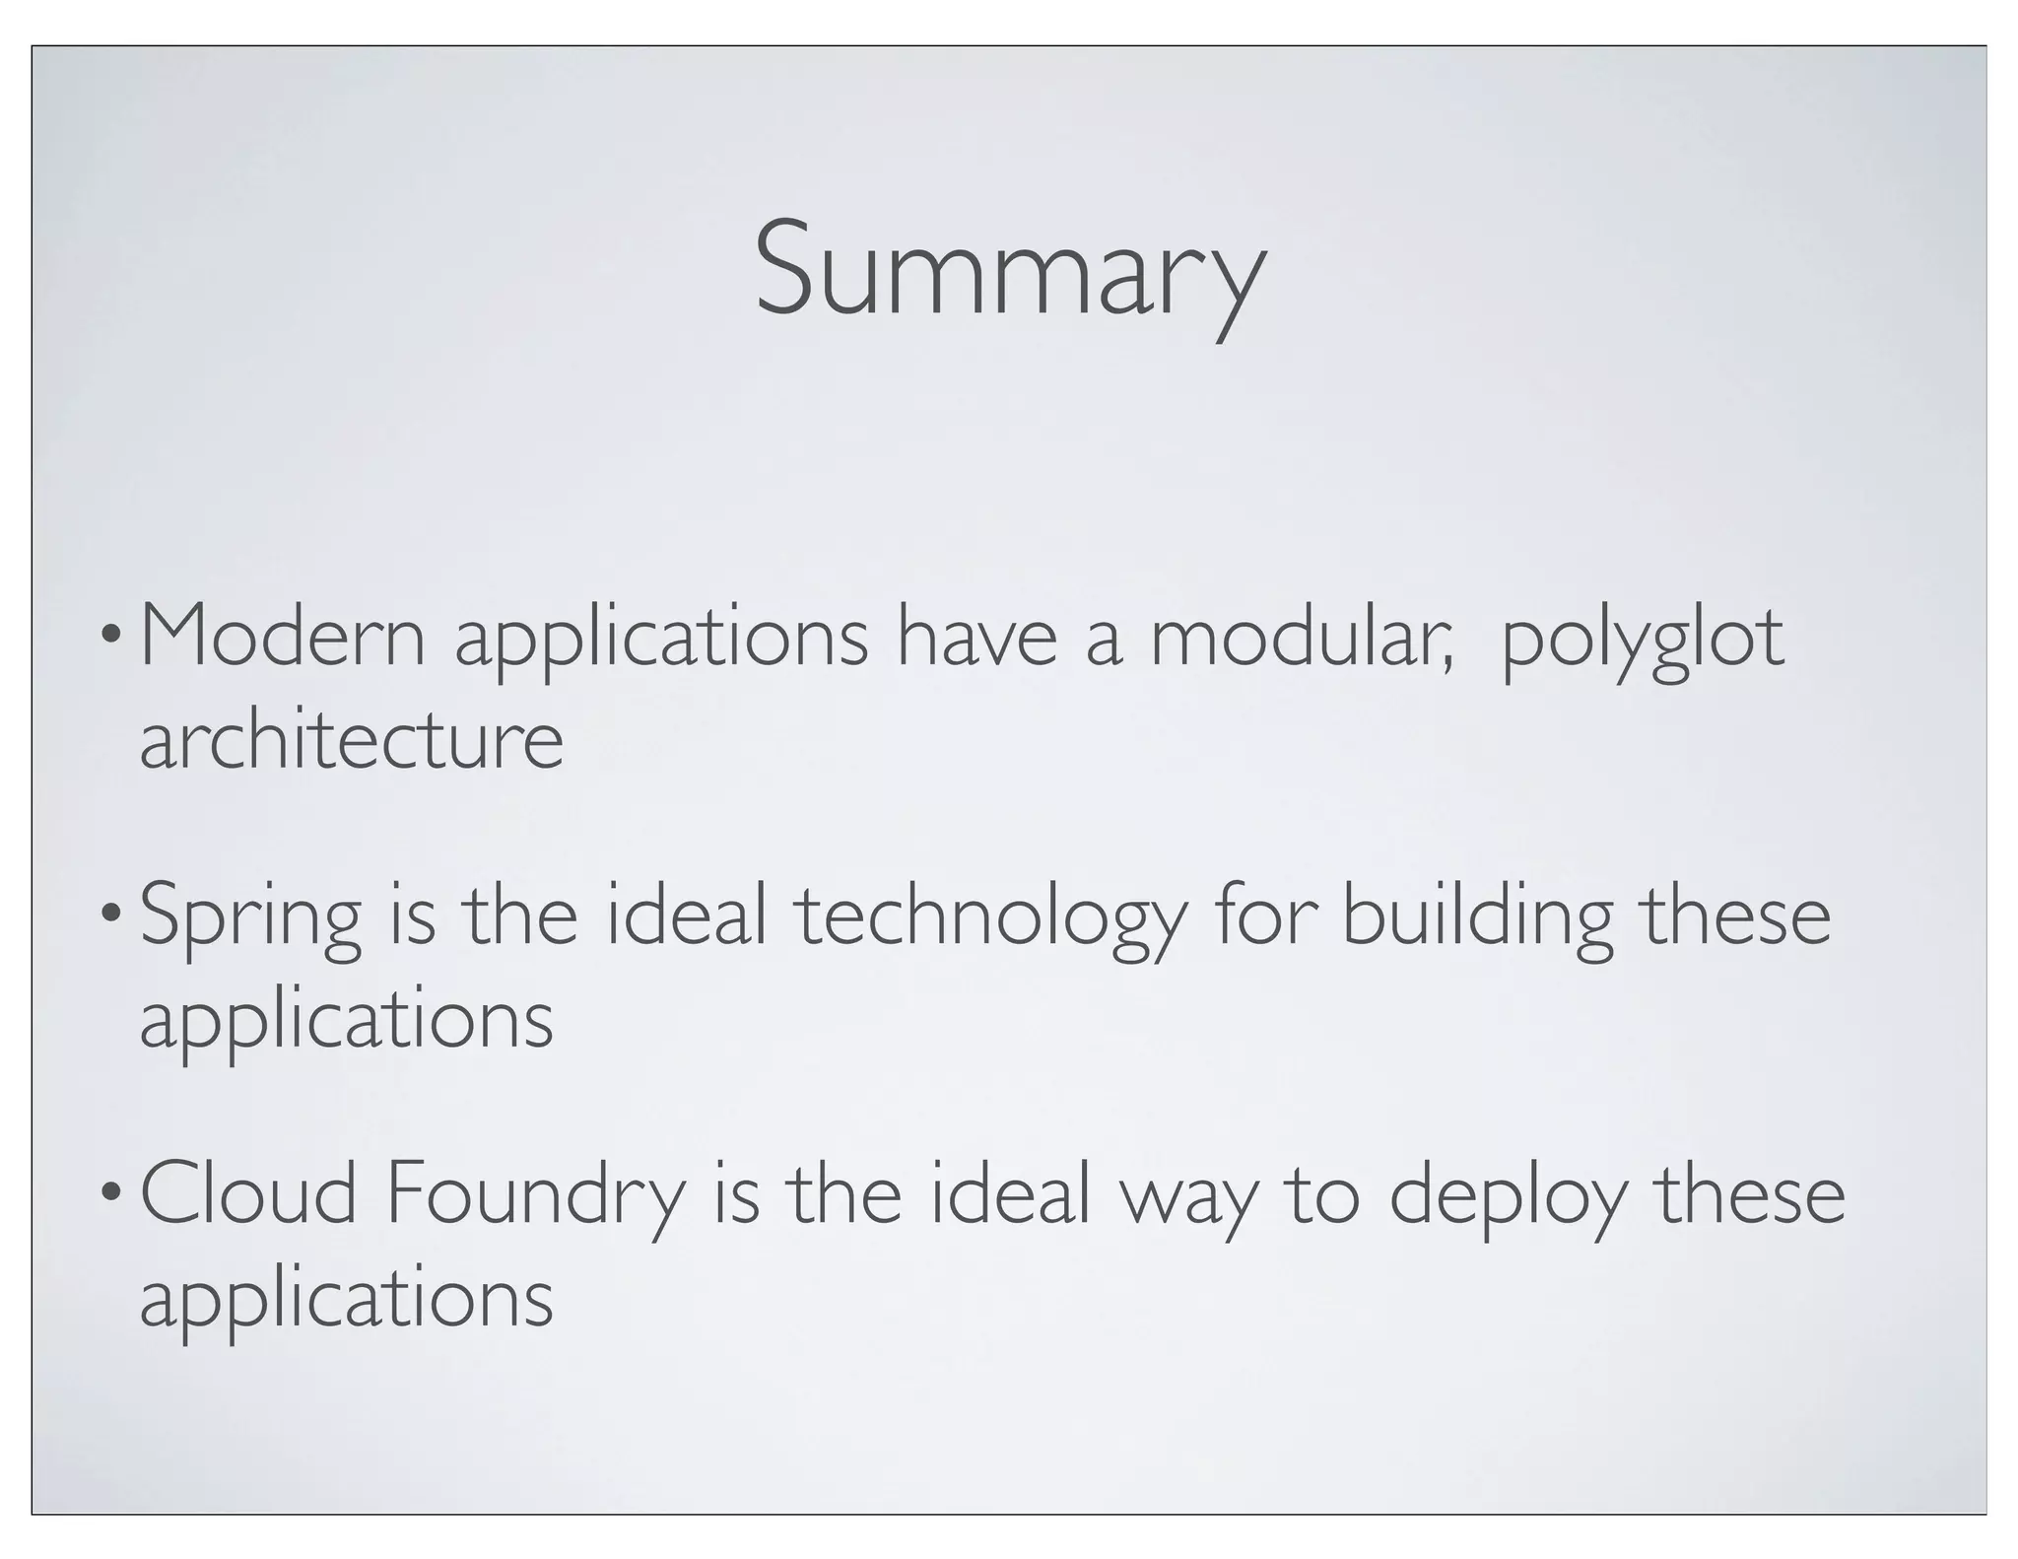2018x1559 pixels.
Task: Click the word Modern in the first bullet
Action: tap(283, 638)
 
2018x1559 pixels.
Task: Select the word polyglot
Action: tap(1642, 641)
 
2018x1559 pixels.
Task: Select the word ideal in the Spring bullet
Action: tap(686, 916)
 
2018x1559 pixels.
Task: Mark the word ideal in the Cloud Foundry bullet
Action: tap(1010, 1194)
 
